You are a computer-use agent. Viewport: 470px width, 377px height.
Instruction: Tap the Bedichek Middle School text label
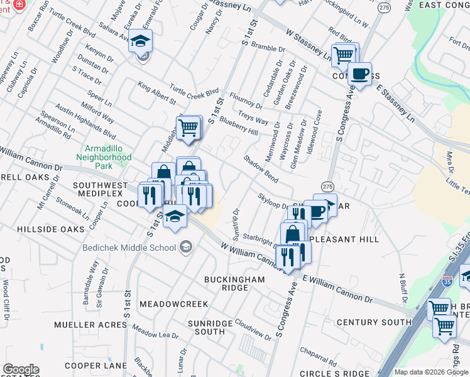tap(129, 247)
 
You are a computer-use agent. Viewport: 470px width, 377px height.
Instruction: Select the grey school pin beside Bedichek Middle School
tap(186, 247)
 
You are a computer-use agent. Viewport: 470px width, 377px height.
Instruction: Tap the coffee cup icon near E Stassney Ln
tap(359, 74)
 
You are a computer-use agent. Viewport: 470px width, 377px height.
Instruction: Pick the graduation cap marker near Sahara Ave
tap(141, 43)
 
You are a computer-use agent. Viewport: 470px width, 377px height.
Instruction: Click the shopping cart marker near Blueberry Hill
tap(189, 128)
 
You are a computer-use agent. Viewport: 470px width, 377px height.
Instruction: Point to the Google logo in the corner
tap(21, 369)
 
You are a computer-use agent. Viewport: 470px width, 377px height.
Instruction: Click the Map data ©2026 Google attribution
tap(431, 372)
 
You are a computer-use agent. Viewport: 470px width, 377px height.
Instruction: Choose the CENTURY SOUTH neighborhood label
tap(374, 322)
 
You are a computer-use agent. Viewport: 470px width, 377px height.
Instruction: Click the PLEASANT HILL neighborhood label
tap(352, 240)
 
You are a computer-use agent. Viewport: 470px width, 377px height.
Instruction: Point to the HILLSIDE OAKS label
tap(50, 229)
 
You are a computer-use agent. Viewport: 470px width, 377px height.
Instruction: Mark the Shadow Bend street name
tap(261, 168)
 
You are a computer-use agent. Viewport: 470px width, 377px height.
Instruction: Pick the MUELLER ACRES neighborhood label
tap(90, 325)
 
